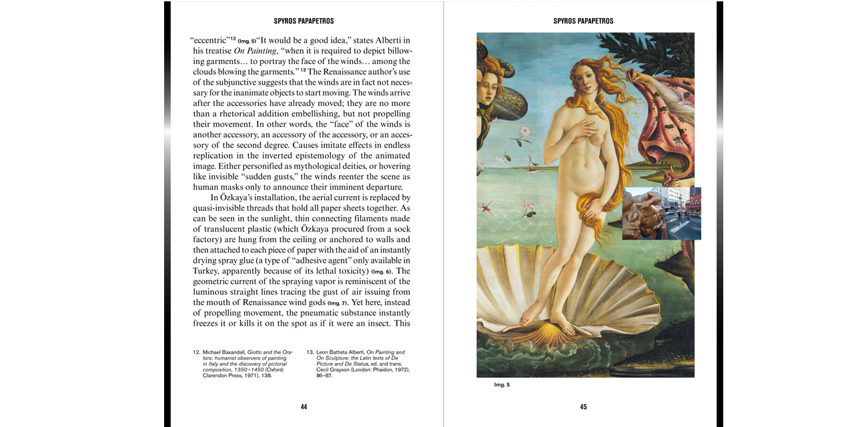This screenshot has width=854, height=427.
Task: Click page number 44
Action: (304, 407)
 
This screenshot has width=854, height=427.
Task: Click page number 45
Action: (583, 407)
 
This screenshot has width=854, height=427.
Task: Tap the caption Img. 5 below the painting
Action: (502, 385)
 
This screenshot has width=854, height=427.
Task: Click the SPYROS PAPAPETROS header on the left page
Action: (304, 21)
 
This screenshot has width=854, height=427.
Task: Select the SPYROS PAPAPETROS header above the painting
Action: (583, 21)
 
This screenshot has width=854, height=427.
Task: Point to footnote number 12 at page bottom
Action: (196, 352)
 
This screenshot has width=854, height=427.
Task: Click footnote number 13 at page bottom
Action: (310, 352)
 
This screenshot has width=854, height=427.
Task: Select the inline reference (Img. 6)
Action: (382, 272)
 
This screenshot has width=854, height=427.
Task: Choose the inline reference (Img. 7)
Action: (338, 303)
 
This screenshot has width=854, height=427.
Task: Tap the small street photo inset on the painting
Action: (661, 213)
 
